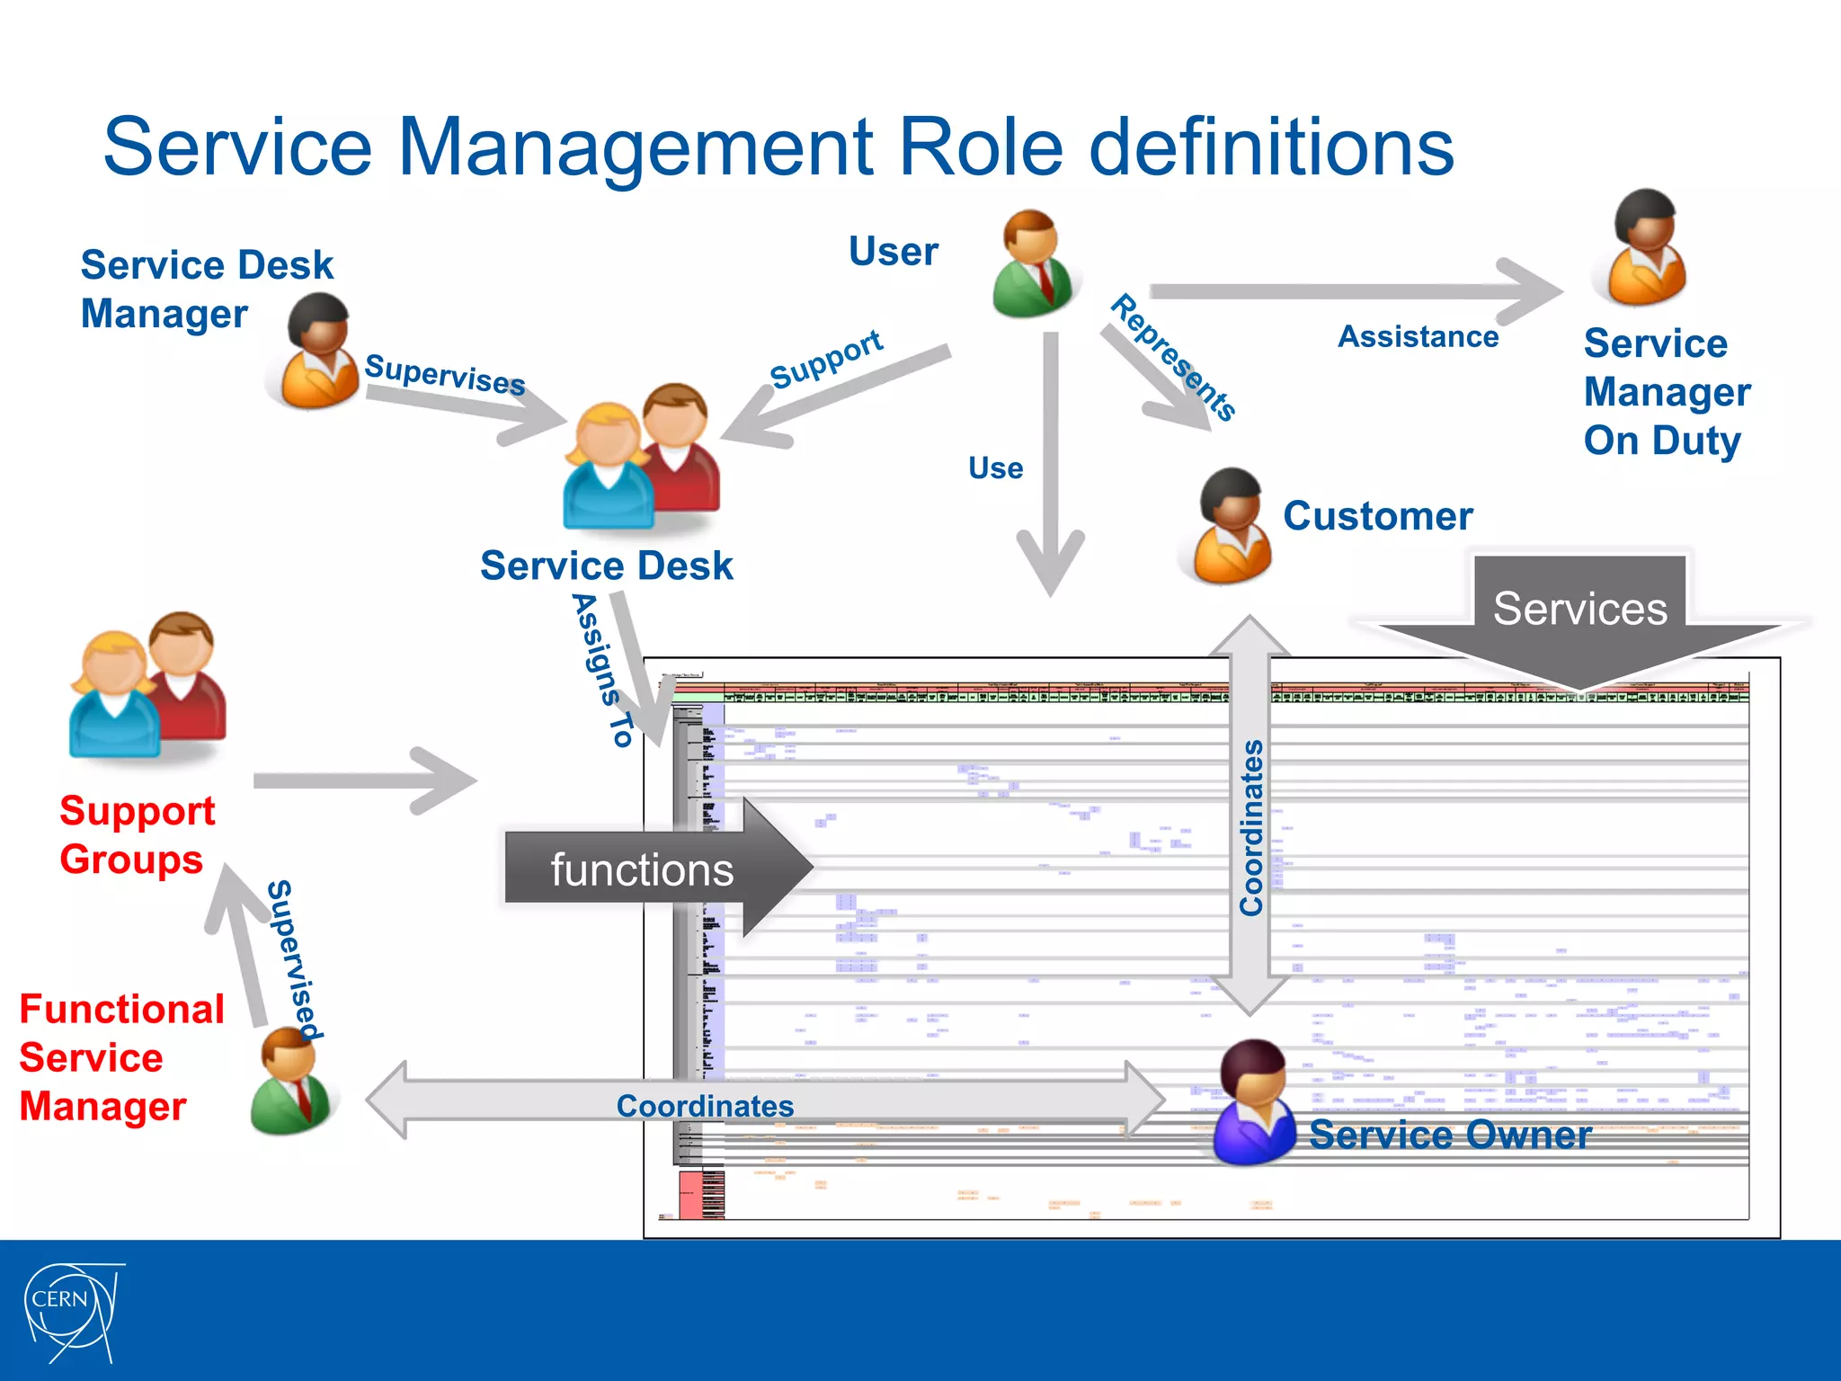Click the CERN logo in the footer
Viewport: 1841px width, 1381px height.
(70, 1311)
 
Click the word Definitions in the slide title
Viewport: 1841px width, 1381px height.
(1271, 147)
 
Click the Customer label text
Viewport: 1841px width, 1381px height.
(1377, 516)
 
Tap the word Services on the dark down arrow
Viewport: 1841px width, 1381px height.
(1579, 609)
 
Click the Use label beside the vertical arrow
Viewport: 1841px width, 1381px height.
(995, 468)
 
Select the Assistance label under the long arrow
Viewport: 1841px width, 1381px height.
(1418, 336)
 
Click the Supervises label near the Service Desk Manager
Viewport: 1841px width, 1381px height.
(445, 374)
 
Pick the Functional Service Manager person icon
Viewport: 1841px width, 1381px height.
(291, 1082)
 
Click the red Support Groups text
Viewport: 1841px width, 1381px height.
(136, 834)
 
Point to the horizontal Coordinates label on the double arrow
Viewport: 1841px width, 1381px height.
(705, 1106)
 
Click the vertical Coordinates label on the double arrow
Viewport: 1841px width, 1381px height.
(1250, 827)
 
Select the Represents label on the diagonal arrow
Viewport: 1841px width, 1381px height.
(1174, 357)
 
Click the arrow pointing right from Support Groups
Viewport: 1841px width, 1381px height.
(364, 780)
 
